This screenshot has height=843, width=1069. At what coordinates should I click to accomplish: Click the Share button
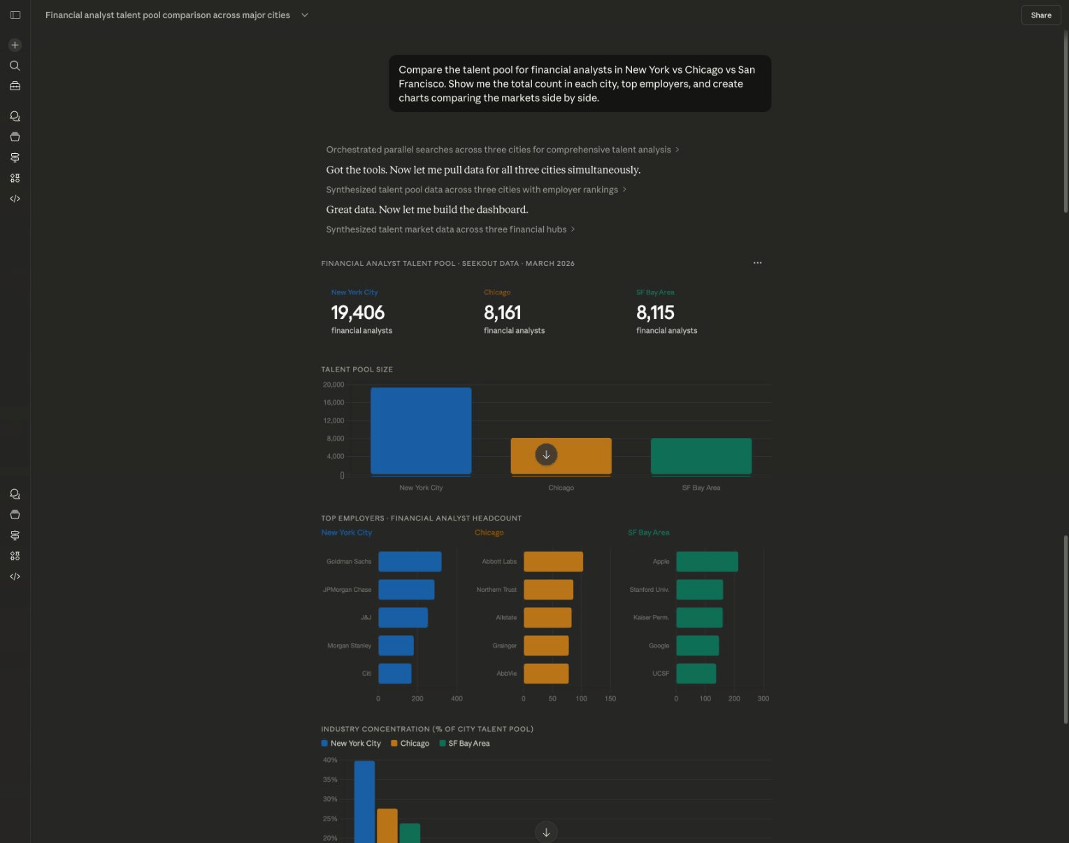1040,15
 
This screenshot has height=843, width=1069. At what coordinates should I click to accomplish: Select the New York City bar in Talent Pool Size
420,431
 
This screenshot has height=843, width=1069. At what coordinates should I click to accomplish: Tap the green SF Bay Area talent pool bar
701,456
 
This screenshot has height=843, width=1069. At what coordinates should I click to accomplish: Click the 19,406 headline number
358,312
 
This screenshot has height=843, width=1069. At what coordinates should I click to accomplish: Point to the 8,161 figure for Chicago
502,312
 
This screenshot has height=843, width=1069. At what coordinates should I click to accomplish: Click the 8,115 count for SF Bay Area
655,312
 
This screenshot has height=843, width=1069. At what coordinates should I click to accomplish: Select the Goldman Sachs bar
410,562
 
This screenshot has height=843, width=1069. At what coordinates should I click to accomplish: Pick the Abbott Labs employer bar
553,562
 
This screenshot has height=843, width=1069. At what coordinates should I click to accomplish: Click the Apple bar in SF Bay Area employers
707,562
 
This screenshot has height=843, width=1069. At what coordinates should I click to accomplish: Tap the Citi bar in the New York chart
395,674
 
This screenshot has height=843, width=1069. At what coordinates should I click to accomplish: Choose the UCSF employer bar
696,674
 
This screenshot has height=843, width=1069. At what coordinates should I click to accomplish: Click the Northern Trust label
496,590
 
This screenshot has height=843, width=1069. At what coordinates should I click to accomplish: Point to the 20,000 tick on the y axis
333,385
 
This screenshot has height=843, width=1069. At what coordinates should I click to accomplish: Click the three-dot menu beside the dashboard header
757,263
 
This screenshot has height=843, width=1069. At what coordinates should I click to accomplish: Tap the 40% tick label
330,760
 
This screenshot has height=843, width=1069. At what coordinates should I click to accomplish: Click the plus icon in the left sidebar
15,45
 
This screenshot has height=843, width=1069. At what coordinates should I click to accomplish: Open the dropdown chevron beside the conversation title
305,15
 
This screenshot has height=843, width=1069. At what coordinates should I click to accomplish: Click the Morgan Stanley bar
396,646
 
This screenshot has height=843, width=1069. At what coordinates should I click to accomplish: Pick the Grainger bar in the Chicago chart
546,646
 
